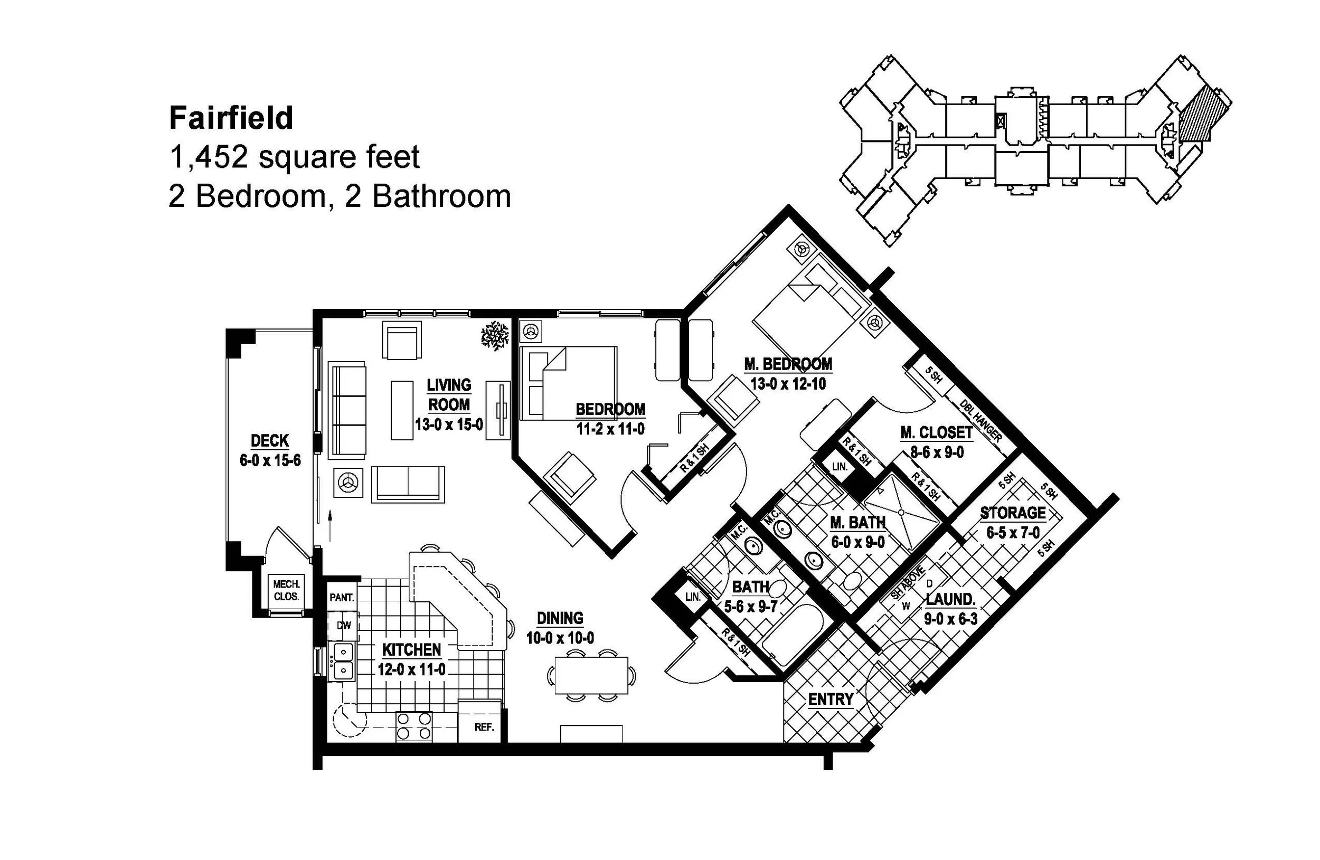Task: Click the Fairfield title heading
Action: point(231,118)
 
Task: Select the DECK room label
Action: point(270,441)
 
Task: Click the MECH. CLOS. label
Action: point(286,591)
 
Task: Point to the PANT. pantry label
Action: point(342,598)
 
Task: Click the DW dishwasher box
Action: point(344,626)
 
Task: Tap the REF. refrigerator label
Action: point(484,727)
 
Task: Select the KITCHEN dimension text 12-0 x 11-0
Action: point(411,670)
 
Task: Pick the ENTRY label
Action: point(830,700)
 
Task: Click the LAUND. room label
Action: point(950,599)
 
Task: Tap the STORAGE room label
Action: point(1013,513)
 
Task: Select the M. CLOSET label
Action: point(936,432)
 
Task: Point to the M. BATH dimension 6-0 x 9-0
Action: point(857,542)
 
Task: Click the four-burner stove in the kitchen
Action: point(414,726)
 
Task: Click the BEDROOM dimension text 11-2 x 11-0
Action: point(610,429)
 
